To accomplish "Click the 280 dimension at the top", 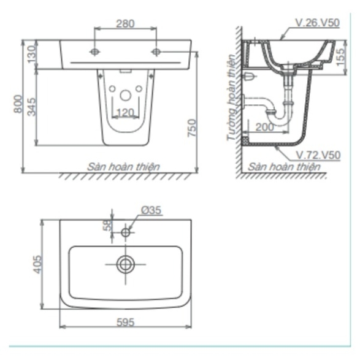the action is [x=125, y=24].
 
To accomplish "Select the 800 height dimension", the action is [x=18, y=104].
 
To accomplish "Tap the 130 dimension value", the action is [x=32, y=54].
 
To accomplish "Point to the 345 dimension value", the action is [x=32, y=107].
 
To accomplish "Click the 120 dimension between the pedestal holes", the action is [x=125, y=112].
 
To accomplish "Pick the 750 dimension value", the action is [x=192, y=128].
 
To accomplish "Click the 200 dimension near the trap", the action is [x=264, y=127].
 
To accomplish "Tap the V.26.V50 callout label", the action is [x=317, y=23].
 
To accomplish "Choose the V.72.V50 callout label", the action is [x=318, y=155].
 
